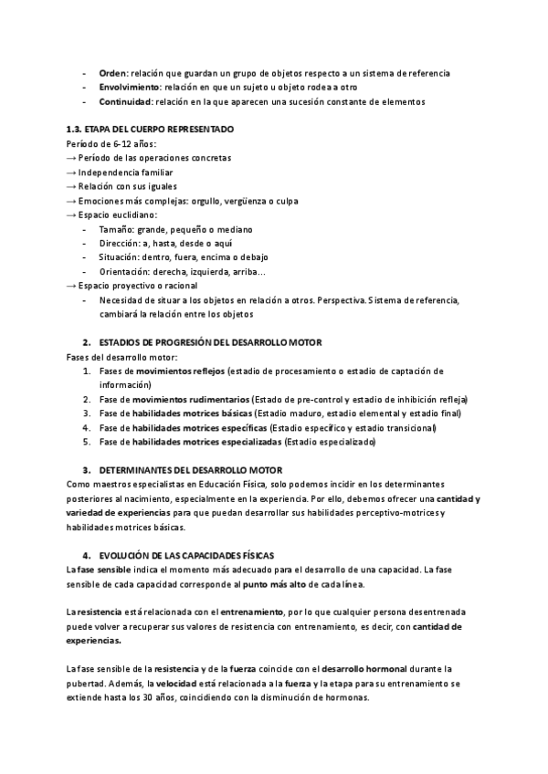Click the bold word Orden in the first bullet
(x=111, y=72)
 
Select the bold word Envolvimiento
(x=129, y=87)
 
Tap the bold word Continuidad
(x=124, y=101)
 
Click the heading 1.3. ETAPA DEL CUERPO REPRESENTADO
(x=151, y=130)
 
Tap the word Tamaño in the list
(x=116, y=229)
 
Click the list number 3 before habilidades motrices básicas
(x=86, y=413)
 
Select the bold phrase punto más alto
(x=275, y=583)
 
